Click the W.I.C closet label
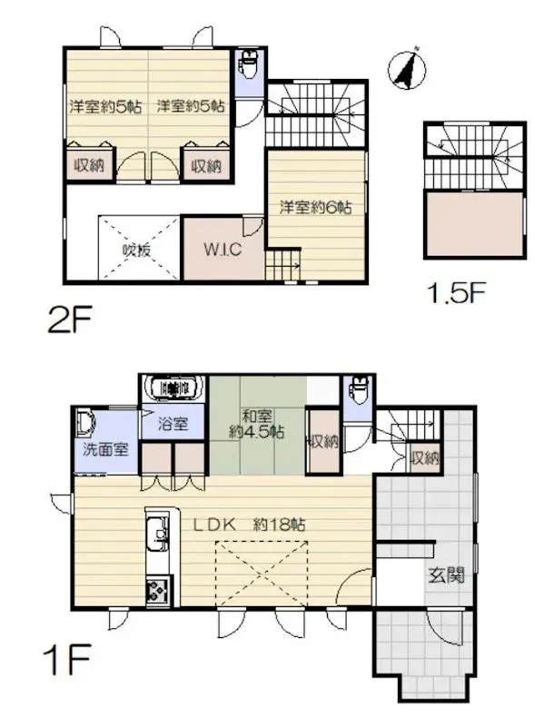point(222,250)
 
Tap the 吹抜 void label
point(137,251)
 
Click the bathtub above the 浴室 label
point(173,388)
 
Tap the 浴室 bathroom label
point(174,422)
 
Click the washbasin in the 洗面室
point(87,422)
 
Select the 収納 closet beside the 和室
point(322,442)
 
